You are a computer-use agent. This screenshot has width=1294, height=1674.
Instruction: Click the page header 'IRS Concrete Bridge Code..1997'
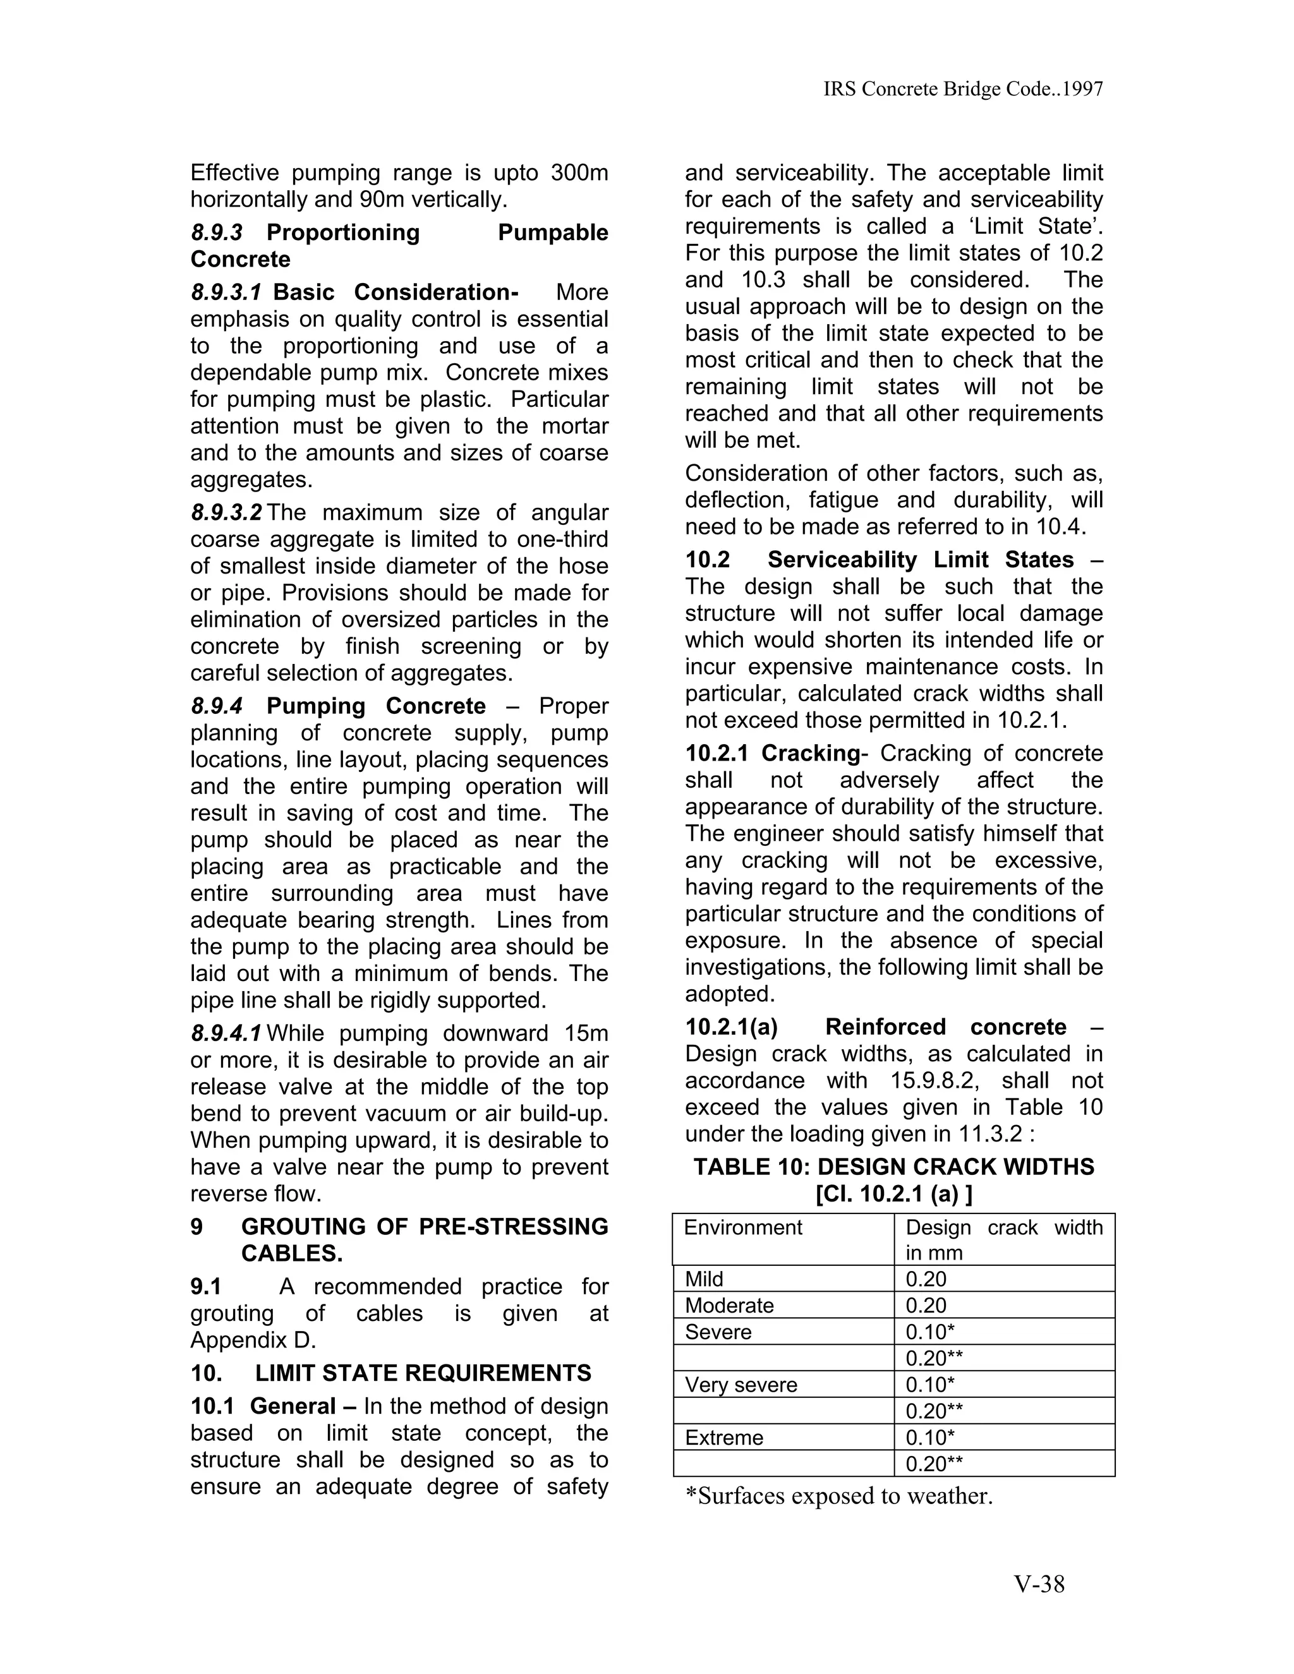point(963,89)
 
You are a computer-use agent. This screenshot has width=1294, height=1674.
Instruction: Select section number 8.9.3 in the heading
point(217,232)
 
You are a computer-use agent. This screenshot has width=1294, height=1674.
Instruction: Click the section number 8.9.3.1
point(227,292)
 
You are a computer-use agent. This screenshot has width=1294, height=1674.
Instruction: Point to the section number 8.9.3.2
point(227,512)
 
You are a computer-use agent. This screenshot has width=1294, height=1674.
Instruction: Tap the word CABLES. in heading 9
point(291,1253)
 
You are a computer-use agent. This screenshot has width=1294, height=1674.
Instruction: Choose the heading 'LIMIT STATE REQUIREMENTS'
point(423,1372)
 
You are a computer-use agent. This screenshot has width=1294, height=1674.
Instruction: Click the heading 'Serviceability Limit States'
point(920,560)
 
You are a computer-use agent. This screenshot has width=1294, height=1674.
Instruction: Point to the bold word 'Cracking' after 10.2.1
point(810,753)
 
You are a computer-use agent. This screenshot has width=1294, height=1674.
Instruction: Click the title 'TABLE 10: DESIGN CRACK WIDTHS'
point(894,1167)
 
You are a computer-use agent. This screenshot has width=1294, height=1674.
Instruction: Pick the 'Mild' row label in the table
point(704,1279)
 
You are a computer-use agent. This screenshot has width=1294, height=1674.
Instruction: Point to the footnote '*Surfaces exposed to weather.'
point(838,1495)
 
